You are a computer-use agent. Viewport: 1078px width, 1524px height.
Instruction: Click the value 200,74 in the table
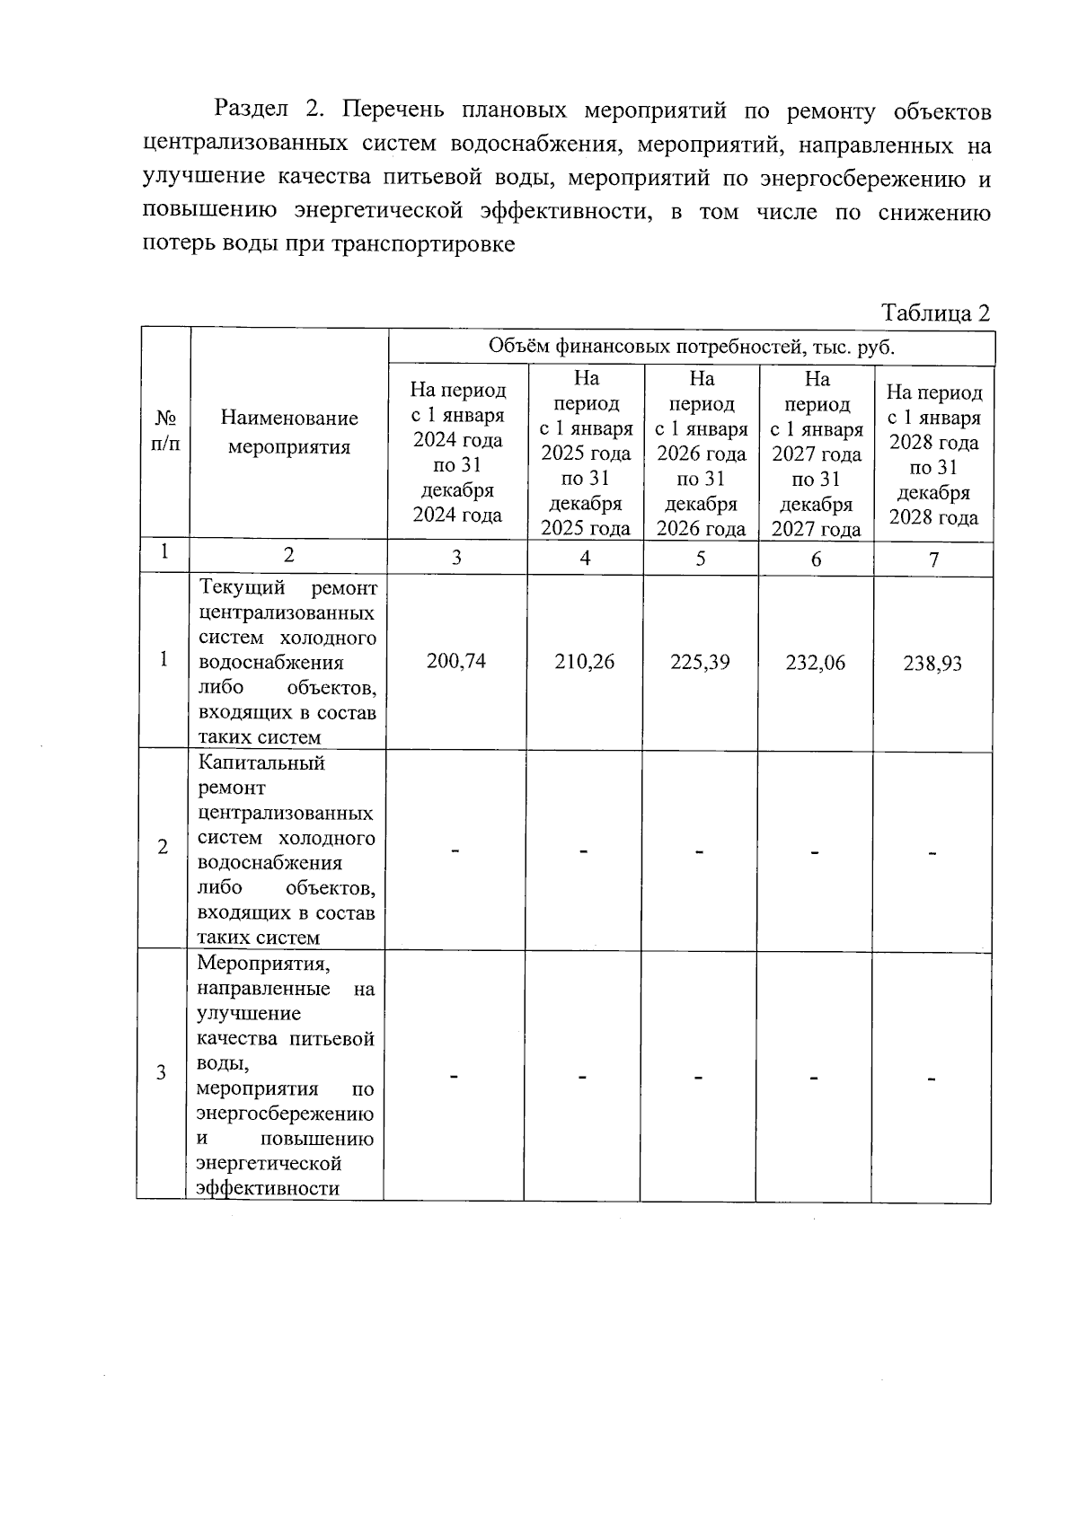click(x=456, y=661)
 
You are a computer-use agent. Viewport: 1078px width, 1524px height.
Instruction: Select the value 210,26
click(x=585, y=662)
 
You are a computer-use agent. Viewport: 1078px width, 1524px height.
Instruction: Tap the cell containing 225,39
click(x=700, y=662)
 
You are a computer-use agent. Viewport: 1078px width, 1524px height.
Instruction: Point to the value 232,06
click(x=815, y=663)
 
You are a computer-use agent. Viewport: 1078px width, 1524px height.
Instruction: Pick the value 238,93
click(x=932, y=664)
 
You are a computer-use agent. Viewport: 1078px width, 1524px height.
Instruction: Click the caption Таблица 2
click(x=935, y=313)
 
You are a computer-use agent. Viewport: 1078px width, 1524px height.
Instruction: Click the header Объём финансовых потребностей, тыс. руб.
click(x=691, y=347)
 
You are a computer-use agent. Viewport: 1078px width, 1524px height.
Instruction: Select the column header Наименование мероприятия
click(x=288, y=432)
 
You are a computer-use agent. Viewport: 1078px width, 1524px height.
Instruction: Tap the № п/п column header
click(x=165, y=431)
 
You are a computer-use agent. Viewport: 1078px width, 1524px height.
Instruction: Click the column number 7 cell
click(x=933, y=559)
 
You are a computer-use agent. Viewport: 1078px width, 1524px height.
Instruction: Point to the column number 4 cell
click(x=585, y=558)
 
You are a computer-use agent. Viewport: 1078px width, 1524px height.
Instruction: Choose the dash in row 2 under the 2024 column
click(x=455, y=850)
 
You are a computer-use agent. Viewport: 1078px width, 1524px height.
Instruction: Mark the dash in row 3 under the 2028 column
click(x=932, y=1078)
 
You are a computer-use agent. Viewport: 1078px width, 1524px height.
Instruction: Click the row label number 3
click(x=162, y=1072)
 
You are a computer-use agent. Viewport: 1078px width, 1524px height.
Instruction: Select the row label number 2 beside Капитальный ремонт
click(x=163, y=847)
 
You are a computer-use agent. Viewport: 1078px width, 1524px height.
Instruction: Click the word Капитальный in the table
click(x=261, y=763)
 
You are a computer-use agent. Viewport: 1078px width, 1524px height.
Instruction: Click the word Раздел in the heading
click(x=252, y=110)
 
